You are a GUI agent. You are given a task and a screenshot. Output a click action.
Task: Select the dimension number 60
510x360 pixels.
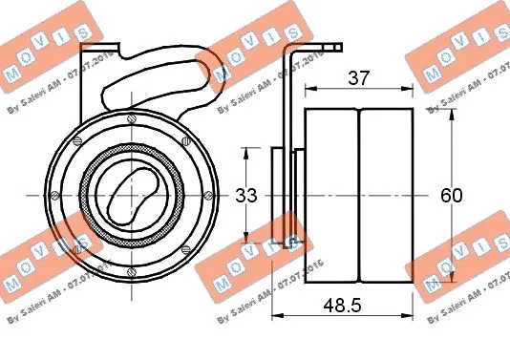point(451,196)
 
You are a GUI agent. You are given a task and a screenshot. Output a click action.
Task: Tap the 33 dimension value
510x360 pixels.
point(246,196)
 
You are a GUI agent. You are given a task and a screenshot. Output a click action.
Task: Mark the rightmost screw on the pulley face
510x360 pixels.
point(205,194)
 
